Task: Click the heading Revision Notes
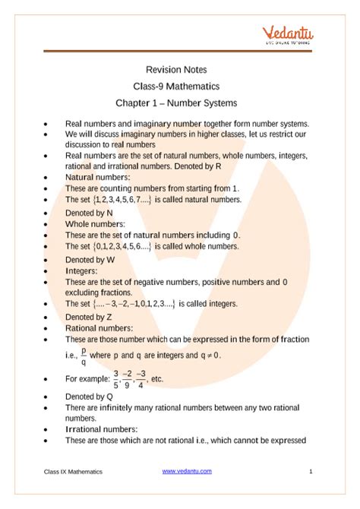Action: (180, 68)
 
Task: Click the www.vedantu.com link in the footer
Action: (186, 472)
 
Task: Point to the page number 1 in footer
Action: (311, 472)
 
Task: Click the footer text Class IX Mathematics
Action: (72, 472)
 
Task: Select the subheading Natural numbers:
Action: (101, 176)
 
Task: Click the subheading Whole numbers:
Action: (96, 224)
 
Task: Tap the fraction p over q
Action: (83, 356)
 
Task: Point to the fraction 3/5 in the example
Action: (115, 378)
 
